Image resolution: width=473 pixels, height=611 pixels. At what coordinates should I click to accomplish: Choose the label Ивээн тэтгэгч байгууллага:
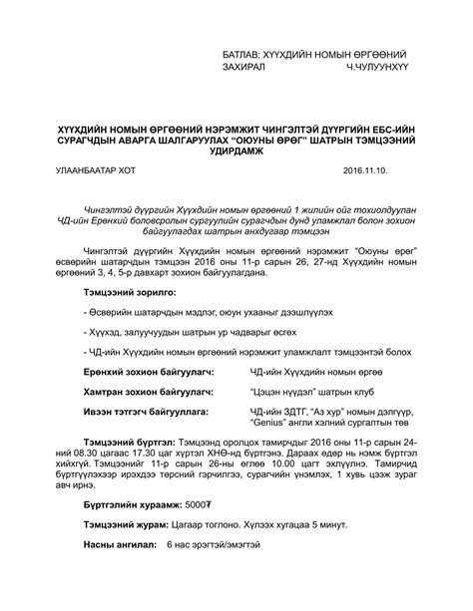coord(151,410)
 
